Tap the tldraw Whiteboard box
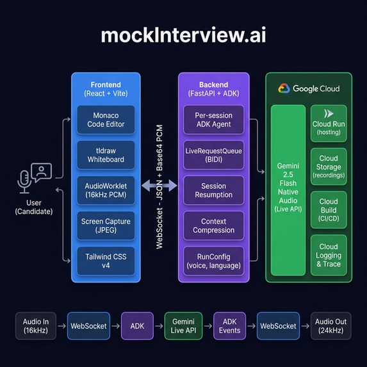pyautogui.click(x=106, y=155)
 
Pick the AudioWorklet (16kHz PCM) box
pyautogui.click(x=106, y=190)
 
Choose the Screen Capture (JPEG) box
pyautogui.click(x=106, y=225)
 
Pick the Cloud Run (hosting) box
pyautogui.click(x=329, y=124)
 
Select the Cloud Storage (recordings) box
pyautogui.click(x=329, y=166)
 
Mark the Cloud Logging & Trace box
pyautogui.click(x=329, y=254)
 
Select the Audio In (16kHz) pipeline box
pyautogui.click(x=35, y=326)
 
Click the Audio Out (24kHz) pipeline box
pyautogui.click(x=330, y=326)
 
